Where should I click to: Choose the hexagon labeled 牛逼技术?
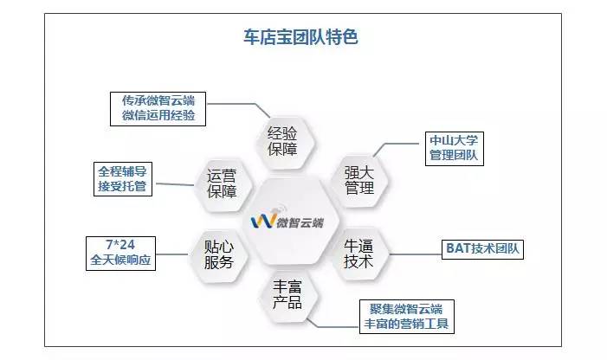click(358, 251)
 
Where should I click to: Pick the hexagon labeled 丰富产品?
click(285, 293)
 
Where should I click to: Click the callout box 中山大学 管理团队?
click(453, 148)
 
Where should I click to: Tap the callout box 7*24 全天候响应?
click(124, 252)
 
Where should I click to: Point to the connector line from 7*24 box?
click(176, 253)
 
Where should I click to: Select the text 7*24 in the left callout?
click(124, 244)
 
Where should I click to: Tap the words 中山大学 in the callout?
click(453, 140)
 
